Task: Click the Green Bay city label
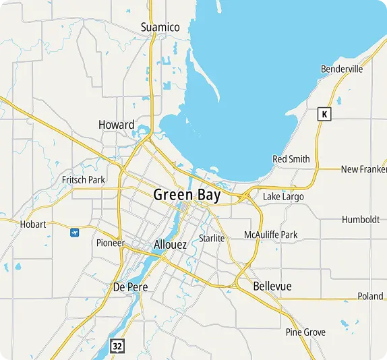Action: coord(187,195)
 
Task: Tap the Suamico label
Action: coord(160,27)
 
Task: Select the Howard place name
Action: coord(116,125)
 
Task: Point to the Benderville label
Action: coord(342,69)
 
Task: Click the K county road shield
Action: coord(325,114)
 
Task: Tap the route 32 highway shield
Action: coord(118,346)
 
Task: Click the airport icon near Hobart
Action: coord(74,233)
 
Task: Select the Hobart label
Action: coord(33,224)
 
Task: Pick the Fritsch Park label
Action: coord(84,180)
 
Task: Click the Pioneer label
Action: coord(111,243)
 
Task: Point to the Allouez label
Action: coord(170,245)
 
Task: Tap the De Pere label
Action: coord(130,287)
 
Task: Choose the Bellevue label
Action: coord(272,287)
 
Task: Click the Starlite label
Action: coord(212,238)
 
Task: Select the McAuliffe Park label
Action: coord(270,235)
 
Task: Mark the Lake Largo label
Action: coord(283,196)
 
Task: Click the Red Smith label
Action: coord(291,159)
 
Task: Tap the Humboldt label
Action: coord(361,220)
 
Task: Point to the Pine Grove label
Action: coord(305,332)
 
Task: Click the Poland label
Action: coord(370,296)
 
